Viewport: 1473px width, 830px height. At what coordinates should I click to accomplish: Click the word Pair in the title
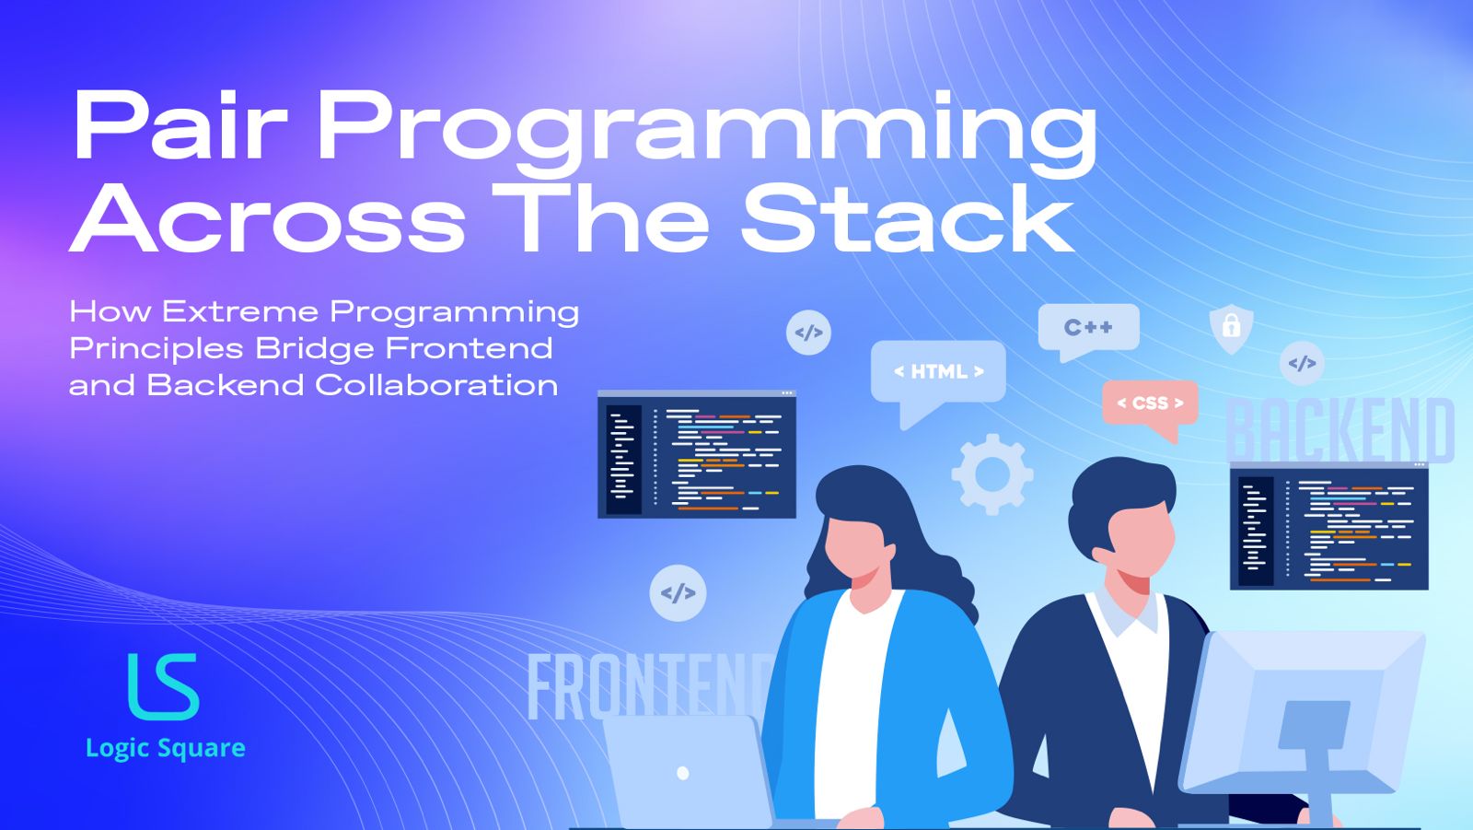coord(180,126)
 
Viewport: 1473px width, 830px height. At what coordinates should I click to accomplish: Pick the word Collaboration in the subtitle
coord(436,385)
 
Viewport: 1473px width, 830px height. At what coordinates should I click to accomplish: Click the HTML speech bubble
coord(938,371)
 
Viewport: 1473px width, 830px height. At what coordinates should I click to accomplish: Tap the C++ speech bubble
coord(1088,327)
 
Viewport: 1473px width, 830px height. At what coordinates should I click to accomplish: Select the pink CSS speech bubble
coord(1150,403)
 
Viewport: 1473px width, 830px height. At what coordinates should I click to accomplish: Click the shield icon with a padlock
coord(1231,327)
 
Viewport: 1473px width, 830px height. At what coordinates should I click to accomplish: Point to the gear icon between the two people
coord(992,473)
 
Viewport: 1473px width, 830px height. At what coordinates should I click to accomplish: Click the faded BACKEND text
coord(1340,430)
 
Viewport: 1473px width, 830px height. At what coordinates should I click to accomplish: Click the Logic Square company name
coord(166,748)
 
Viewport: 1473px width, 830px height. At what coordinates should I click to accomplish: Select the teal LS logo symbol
coord(163,686)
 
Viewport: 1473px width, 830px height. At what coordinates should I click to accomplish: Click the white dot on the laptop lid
coord(683,773)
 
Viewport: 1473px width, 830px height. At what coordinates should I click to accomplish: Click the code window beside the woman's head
coord(697,454)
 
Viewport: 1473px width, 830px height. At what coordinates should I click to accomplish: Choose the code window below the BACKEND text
coord(1329,527)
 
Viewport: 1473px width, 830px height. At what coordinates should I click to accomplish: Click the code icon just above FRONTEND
coord(678,592)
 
